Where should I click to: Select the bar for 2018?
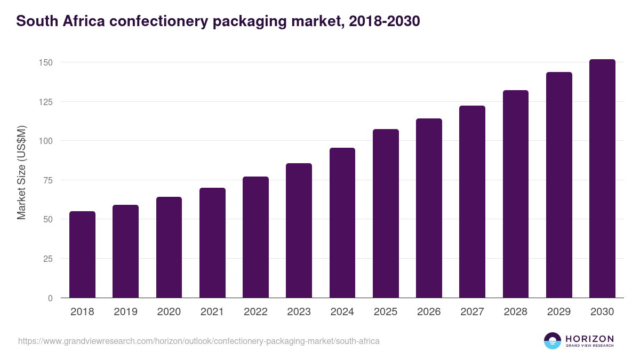click(82, 254)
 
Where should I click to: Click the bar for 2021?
click(212, 243)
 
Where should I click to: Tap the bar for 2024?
click(342, 223)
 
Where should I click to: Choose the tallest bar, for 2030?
click(602, 179)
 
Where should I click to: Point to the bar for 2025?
click(386, 213)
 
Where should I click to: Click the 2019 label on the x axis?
click(125, 312)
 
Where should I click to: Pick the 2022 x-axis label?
click(255, 312)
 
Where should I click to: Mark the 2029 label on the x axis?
click(559, 312)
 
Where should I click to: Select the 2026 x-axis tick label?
click(429, 312)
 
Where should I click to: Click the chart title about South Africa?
click(218, 21)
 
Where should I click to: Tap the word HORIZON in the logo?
click(589, 339)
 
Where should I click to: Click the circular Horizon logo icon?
click(553, 341)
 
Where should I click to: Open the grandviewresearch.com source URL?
click(199, 341)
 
